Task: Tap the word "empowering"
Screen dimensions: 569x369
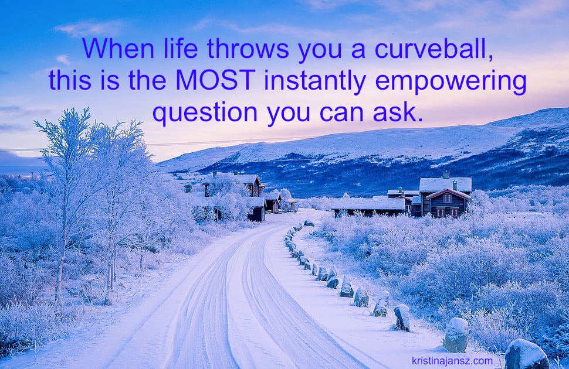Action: point(451,82)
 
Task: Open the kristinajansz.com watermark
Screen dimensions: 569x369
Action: point(452,361)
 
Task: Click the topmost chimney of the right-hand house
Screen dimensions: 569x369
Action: point(446,175)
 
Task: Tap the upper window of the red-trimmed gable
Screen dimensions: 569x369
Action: point(448,198)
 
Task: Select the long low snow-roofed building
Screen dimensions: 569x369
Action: point(368,207)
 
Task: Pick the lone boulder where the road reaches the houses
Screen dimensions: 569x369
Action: point(309,223)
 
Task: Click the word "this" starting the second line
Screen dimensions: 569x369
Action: point(70,80)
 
